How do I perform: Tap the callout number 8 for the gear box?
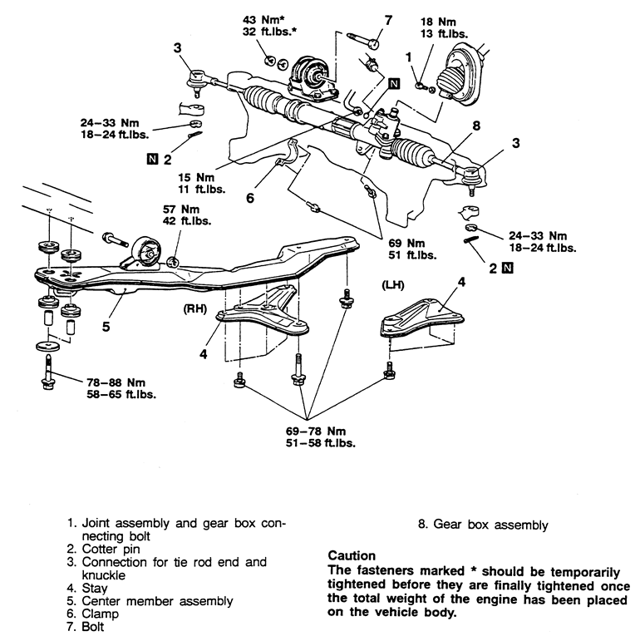coord(476,126)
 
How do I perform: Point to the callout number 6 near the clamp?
coord(249,198)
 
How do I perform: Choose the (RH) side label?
coord(194,306)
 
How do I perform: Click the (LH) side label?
coord(392,285)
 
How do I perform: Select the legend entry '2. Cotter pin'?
coord(105,550)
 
